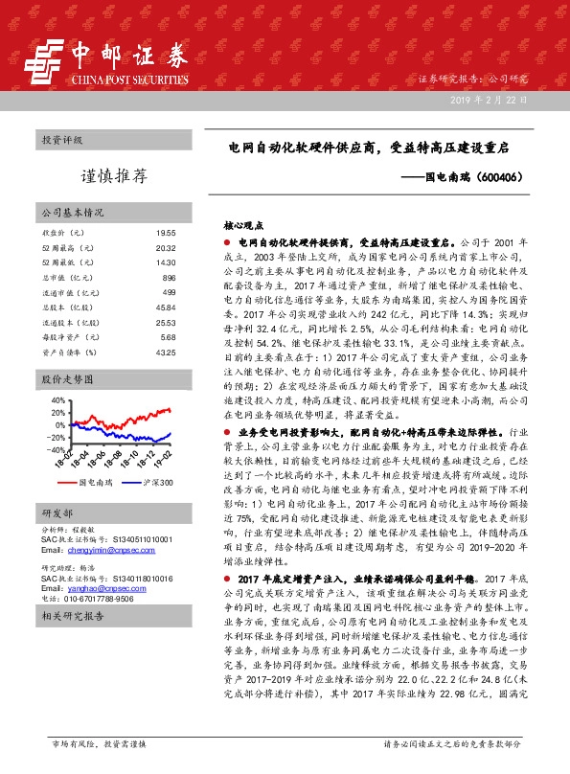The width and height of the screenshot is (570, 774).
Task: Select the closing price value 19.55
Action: coord(166,233)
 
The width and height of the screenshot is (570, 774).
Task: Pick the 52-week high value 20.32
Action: coord(166,247)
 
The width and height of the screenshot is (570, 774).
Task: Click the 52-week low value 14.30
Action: coord(166,262)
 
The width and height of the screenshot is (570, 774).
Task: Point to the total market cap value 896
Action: coord(169,277)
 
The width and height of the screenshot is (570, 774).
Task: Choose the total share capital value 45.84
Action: coord(166,307)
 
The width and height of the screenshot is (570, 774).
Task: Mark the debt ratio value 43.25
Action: coord(166,353)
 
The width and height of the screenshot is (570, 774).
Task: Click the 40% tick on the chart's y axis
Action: coord(57,401)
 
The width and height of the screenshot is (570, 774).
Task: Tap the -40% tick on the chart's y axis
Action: coord(55,448)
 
